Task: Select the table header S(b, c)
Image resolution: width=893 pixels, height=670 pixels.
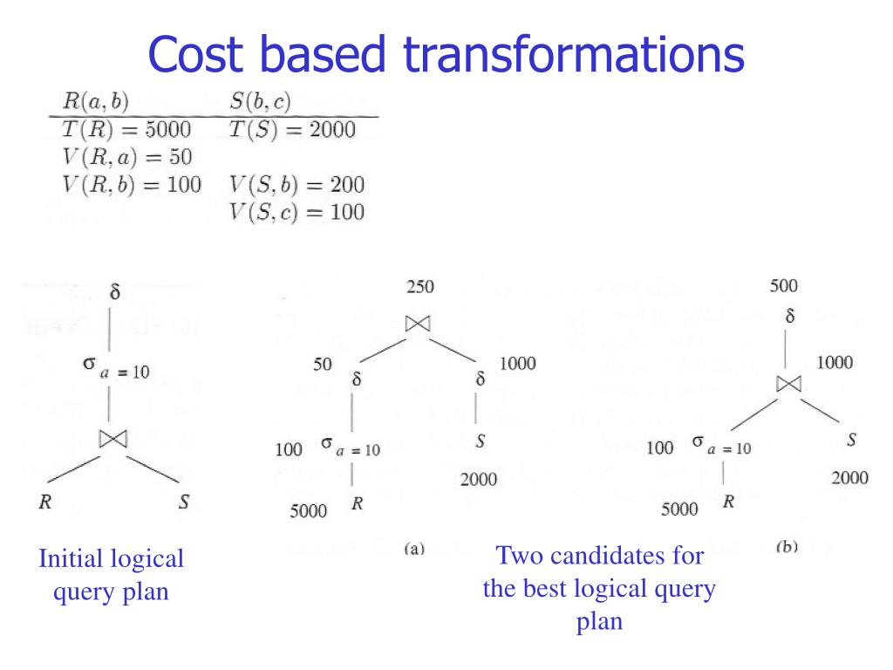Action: coord(261,103)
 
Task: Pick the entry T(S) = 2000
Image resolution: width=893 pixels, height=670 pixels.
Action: coord(292,130)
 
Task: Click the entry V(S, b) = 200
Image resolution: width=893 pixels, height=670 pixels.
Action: coord(297,184)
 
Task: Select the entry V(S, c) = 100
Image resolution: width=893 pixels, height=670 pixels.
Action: coord(297,211)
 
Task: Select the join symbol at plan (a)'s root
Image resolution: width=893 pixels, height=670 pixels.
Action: coord(419,324)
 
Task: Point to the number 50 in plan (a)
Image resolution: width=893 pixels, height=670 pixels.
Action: coord(323,364)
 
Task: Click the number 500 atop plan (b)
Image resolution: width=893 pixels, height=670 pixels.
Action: coord(783,285)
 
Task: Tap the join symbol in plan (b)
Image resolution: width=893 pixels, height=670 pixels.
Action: coord(788,384)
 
